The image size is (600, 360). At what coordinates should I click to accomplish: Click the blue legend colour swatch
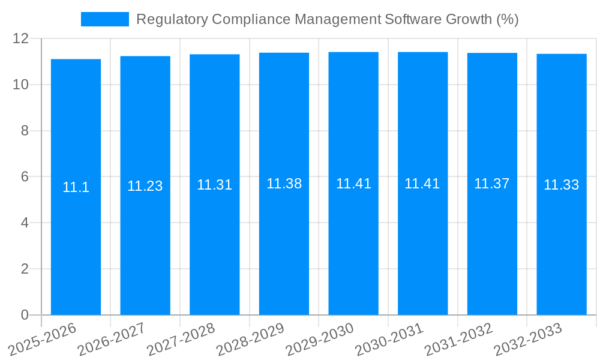coord(104,19)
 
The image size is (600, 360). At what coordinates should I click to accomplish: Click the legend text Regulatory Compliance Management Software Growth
coord(327,19)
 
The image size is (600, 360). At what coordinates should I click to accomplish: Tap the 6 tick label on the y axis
coord(25,177)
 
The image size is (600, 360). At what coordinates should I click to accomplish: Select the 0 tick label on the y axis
coord(25,315)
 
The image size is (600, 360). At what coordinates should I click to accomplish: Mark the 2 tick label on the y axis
coord(25,269)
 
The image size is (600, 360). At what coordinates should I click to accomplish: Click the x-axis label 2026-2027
coord(112,339)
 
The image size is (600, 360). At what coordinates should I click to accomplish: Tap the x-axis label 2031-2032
coord(458,339)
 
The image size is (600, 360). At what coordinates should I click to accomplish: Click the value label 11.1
coord(76,187)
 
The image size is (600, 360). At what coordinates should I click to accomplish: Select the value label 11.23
coord(145,186)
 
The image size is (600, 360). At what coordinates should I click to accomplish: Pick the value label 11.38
coord(284,184)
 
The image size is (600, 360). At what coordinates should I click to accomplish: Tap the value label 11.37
coord(492,184)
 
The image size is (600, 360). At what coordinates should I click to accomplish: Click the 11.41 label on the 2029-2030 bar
coord(353,184)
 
